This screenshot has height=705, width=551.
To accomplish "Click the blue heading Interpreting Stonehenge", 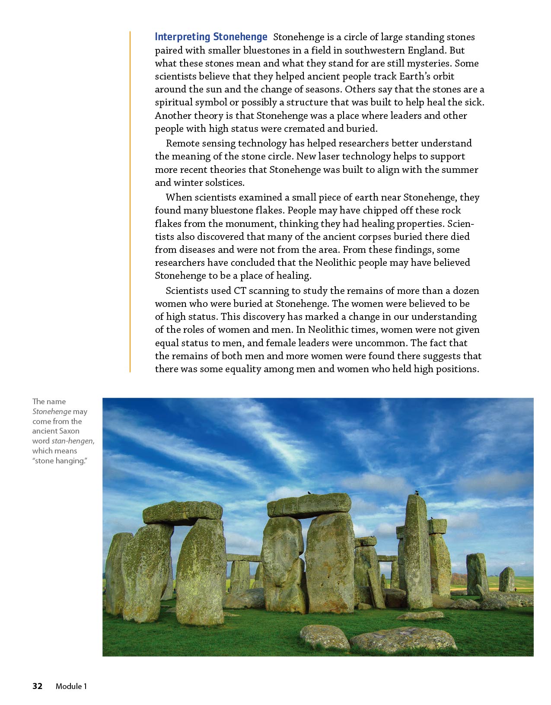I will click(x=211, y=37).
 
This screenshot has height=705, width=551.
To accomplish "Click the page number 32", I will click(x=38, y=686).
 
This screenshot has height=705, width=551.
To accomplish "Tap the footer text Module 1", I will click(x=71, y=686).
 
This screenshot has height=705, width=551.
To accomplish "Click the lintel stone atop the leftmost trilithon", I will click(x=182, y=512).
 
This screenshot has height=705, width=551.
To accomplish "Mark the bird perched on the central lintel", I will click(x=309, y=492).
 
